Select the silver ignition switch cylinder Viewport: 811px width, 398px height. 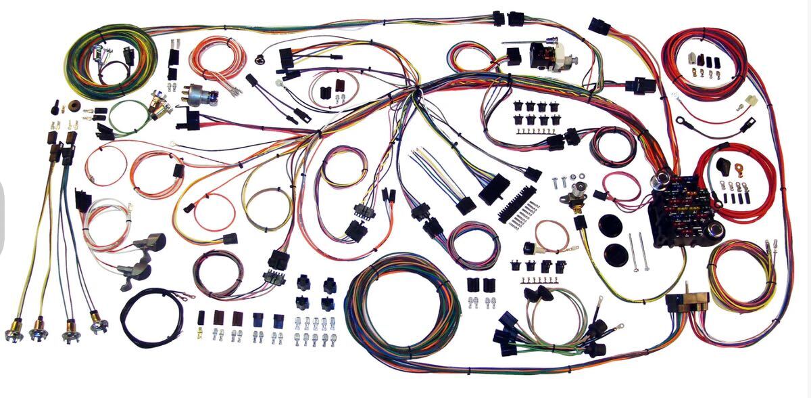(200, 94)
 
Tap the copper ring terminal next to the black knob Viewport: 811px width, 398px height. (739, 170)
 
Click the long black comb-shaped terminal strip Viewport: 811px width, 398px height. (516, 202)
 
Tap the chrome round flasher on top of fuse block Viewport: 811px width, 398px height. (659, 181)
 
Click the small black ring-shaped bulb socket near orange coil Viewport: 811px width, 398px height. (259, 59)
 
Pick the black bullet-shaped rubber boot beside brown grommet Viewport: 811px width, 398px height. (55, 108)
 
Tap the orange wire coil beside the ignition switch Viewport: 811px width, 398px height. (216, 58)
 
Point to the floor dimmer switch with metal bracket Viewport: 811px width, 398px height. (576, 196)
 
